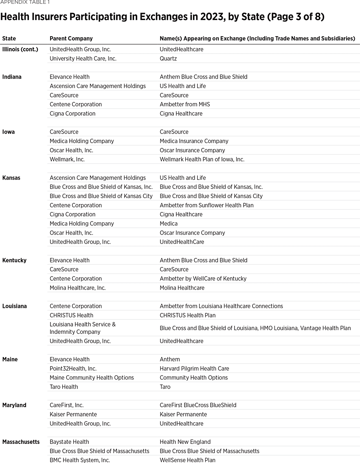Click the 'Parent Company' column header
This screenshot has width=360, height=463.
(71, 38)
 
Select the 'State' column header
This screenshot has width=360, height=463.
(9, 38)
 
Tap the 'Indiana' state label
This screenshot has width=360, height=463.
(12, 77)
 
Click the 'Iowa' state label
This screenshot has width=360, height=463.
(9, 132)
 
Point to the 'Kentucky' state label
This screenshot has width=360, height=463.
(14, 260)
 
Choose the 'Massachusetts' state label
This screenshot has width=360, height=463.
(21, 442)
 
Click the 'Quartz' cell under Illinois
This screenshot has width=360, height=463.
(168, 58)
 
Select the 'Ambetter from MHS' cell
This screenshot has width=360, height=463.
(185, 104)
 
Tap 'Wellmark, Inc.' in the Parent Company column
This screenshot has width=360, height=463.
(67, 159)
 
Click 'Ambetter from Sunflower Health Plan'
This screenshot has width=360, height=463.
(206, 205)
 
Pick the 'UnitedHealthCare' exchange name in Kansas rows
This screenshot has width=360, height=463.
(182, 242)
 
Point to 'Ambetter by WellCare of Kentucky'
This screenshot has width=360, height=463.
(203, 279)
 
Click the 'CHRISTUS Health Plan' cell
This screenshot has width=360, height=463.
(188, 315)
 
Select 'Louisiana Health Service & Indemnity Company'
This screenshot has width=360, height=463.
(83, 328)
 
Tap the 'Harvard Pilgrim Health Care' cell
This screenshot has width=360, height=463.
(194, 369)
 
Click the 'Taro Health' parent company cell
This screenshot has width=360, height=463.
(64, 387)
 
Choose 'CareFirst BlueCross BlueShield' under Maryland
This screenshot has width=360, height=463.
(198, 405)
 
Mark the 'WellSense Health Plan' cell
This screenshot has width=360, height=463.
(188, 460)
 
